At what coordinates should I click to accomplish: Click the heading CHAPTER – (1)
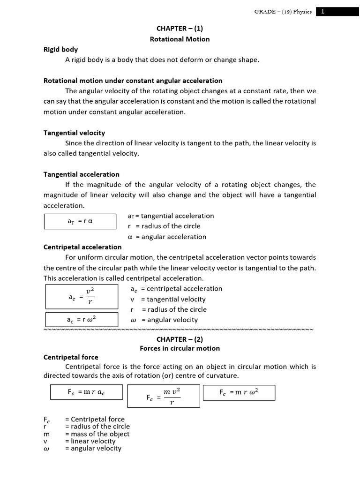(x=180, y=28)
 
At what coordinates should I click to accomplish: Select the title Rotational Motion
(x=180, y=39)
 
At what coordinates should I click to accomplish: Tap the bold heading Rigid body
(x=61, y=49)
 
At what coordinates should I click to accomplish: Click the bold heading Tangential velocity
(x=74, y=133)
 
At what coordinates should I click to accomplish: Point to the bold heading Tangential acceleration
(x=82, y=174)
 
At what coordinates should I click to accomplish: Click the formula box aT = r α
(x=80, y=221)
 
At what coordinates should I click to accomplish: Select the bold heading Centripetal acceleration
(x=82, y=247)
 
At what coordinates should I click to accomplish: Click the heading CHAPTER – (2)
(x=180, y=339)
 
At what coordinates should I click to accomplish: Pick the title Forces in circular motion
(x=180, y=348)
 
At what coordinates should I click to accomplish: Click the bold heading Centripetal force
(x=71, y=357)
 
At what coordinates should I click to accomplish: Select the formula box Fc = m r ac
(x=86, y=393)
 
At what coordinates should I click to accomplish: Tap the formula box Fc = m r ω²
(x=239, y=393)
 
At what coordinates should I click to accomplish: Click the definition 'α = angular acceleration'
(x=167, y=237)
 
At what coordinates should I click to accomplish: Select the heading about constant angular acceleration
(x=133, y=81)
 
